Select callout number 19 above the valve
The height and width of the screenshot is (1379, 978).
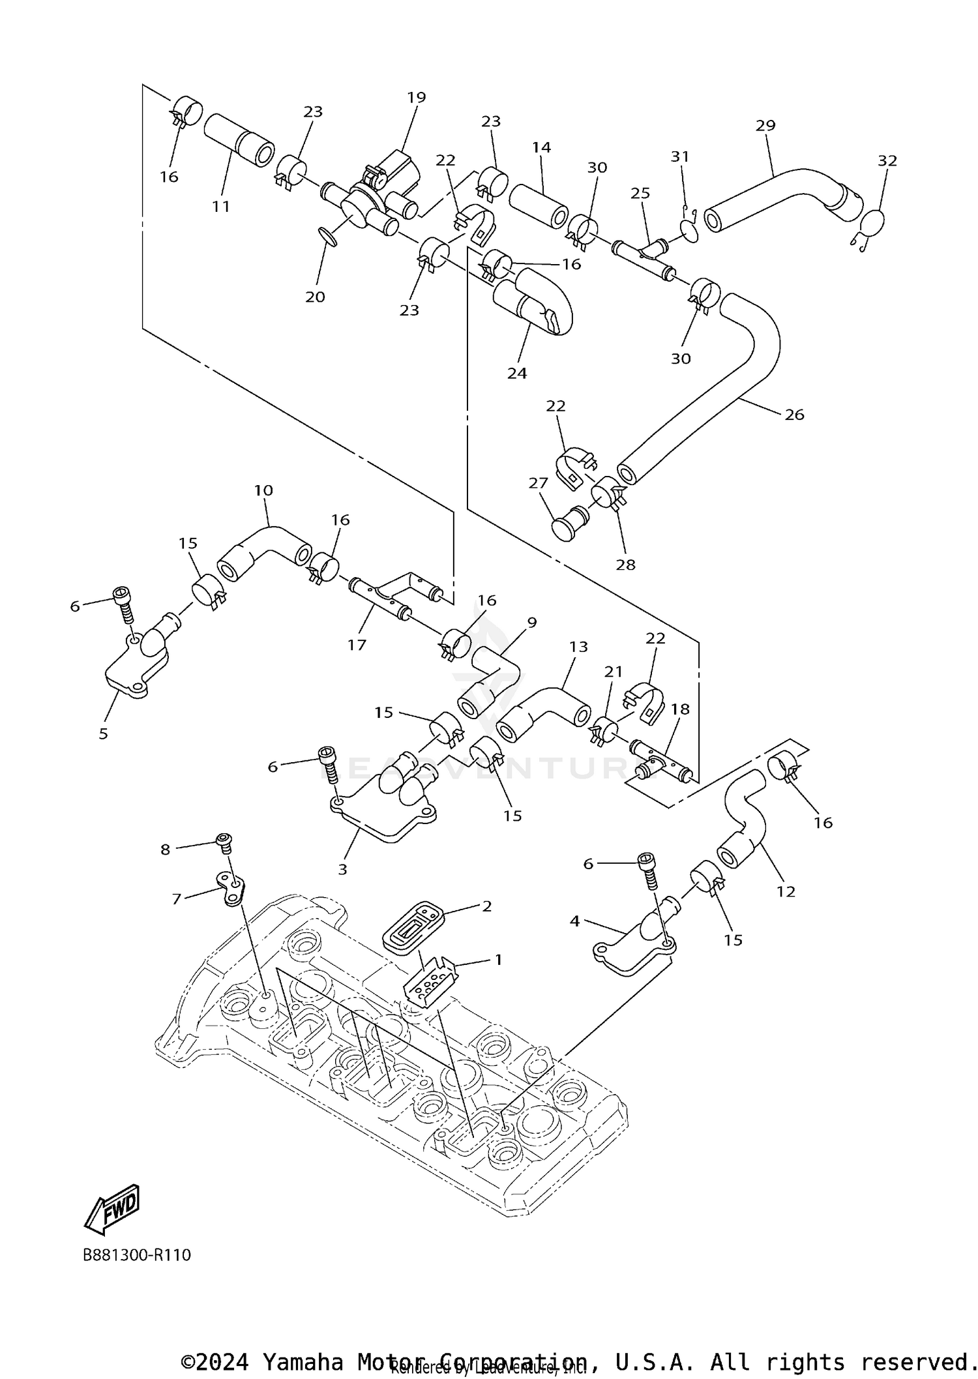416,97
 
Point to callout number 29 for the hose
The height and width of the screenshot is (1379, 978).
765,125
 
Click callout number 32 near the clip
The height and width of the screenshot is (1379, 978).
887,160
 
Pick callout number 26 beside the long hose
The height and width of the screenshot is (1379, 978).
794,415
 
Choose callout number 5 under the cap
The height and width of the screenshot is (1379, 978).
103,734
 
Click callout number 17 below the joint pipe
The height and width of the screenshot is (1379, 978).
357,645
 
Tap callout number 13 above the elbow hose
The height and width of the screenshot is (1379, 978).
578,646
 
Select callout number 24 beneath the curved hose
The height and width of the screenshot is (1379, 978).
517,373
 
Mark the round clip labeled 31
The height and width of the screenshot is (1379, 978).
689,230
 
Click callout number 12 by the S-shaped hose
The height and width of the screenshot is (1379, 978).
786,891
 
